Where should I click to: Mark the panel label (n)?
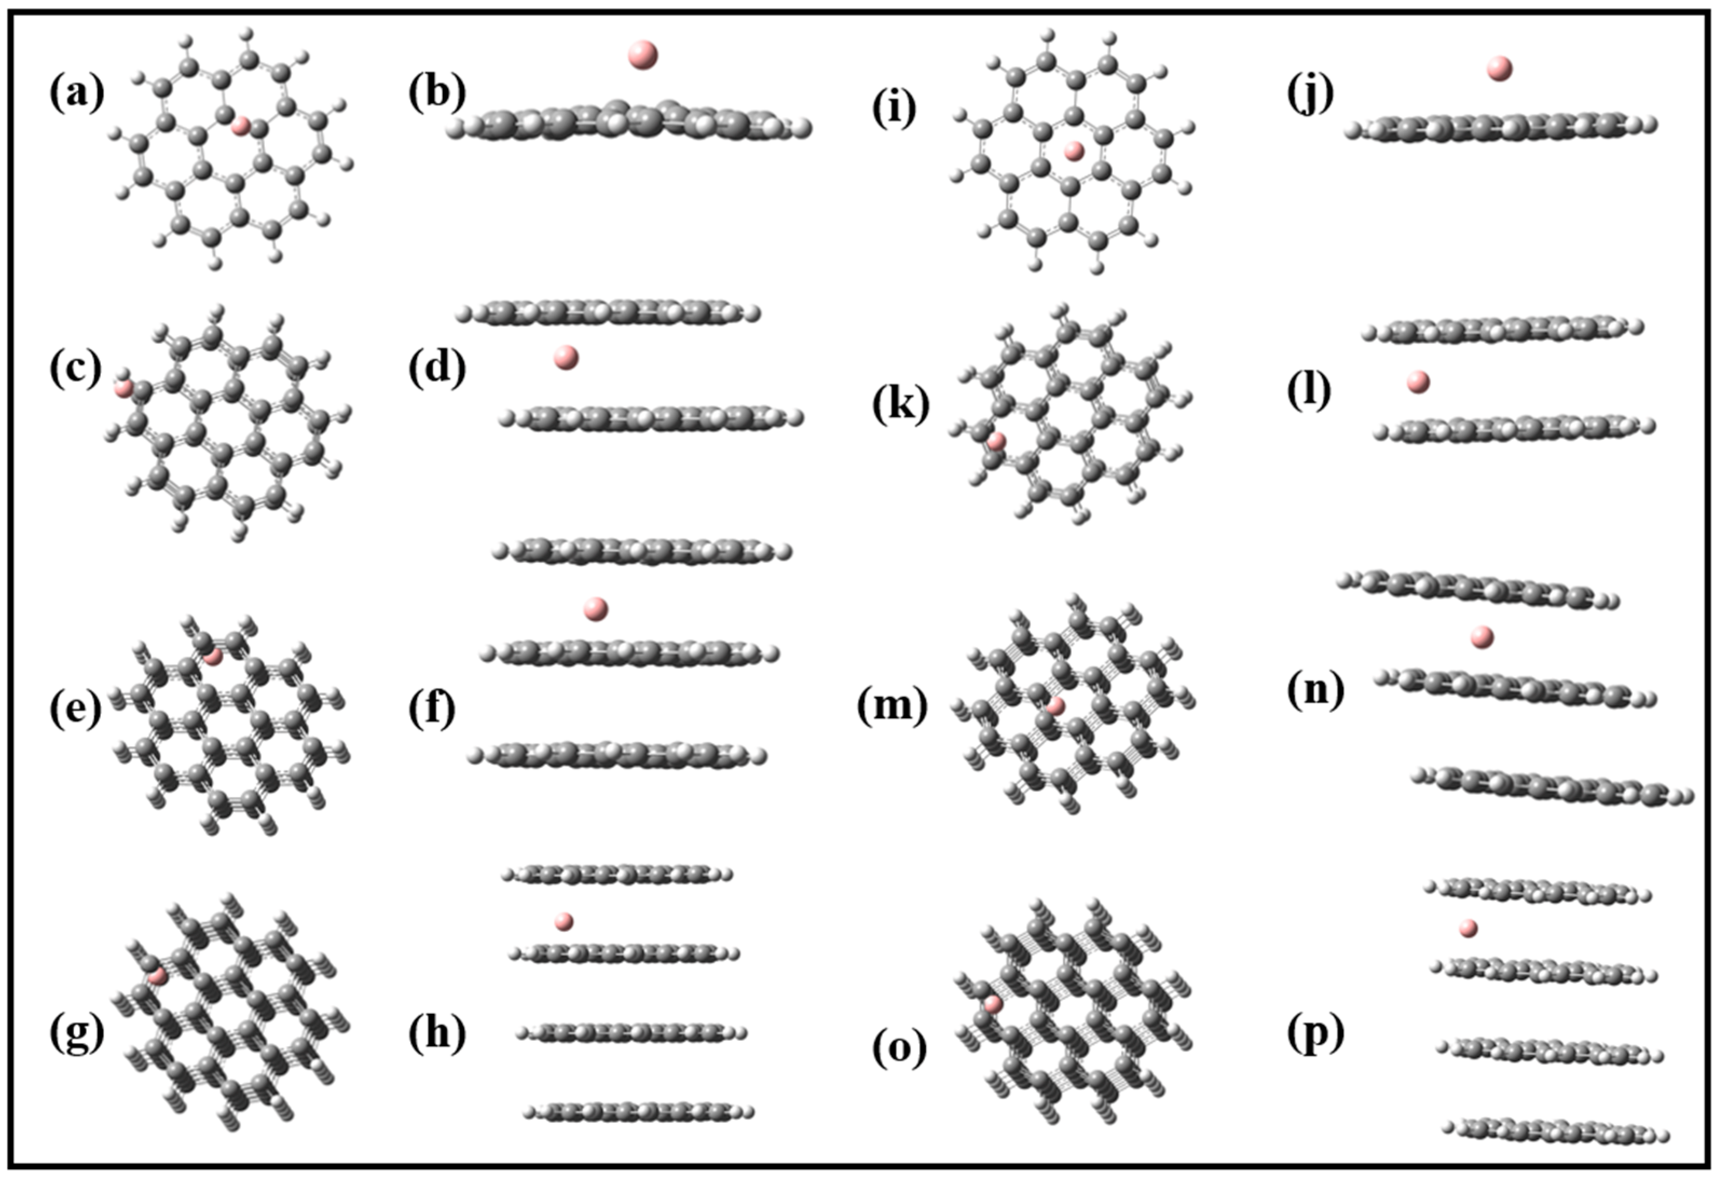[x=1315, y=691]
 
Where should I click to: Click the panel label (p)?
[x=1315, y=1034]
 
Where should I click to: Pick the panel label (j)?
[x=1310, y=95]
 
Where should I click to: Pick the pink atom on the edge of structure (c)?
[x=123, y=387]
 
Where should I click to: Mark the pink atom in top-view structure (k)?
[x=996, y=441]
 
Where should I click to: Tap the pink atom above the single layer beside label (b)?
[x=642, y=55]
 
